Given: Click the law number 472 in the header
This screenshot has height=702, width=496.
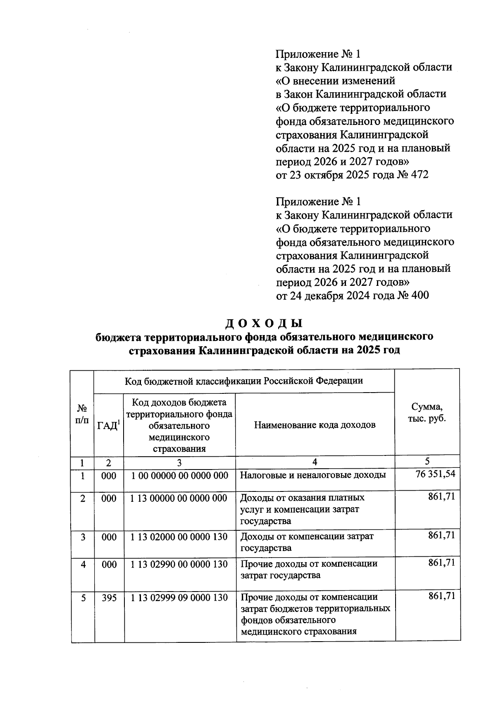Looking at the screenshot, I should tap(420, 175).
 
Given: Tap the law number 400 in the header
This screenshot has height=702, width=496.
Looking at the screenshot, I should tap(420, 295).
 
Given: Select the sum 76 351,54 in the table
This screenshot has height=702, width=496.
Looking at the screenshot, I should tap(435, 474).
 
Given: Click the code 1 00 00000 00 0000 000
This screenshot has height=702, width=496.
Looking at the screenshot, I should tap(179, 476).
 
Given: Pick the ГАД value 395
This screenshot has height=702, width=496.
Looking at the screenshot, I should tap(109, 598).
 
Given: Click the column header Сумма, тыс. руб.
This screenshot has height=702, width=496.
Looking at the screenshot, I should tap(427, 412).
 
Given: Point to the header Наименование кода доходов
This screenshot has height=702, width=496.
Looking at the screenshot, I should tap(315, 425).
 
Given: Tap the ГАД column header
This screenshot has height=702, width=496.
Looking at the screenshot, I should tap(109, 425).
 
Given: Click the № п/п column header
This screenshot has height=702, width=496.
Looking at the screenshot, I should tap(83, 414).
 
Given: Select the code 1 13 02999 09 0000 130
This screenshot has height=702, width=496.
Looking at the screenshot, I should tap(179, 598).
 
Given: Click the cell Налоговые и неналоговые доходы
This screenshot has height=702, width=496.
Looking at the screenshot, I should tap(313, 475).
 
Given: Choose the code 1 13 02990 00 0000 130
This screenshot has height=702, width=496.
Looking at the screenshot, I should tap(179, 564).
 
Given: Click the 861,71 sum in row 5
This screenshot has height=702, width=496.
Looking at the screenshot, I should tap(441, 596).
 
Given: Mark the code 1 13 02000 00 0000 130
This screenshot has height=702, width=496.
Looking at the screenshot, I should tap(179, 537).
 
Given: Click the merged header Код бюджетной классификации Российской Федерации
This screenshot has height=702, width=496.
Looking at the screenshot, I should tap(244, 381).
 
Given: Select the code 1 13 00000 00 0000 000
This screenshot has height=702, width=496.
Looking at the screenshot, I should tap(179, 498).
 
